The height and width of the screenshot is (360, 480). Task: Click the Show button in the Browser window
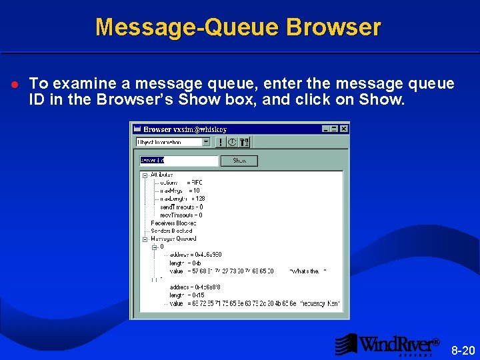click(239, 160)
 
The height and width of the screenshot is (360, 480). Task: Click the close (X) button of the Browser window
click(344, 129)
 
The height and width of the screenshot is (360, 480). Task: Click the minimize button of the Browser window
click(327, 129)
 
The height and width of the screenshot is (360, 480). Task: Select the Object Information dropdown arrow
click(206, 142)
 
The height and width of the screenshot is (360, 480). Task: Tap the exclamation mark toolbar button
click(220, 142)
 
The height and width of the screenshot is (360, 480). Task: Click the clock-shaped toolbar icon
click(232, 142)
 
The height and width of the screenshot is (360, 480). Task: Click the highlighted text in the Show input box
click(152, 160)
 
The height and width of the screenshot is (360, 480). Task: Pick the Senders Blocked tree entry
click(171, 231)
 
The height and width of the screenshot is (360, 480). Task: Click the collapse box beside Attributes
click(145, 175)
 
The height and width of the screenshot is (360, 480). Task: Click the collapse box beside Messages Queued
click(145, 239)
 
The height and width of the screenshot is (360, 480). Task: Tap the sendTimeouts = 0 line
click(181, 207)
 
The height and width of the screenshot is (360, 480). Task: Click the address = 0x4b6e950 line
click(195, 255)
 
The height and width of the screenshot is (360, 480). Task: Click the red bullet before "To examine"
click(15, 85)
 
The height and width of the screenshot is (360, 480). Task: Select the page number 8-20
click(463, 350)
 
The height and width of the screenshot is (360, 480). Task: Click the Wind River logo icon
click(346, 344)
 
